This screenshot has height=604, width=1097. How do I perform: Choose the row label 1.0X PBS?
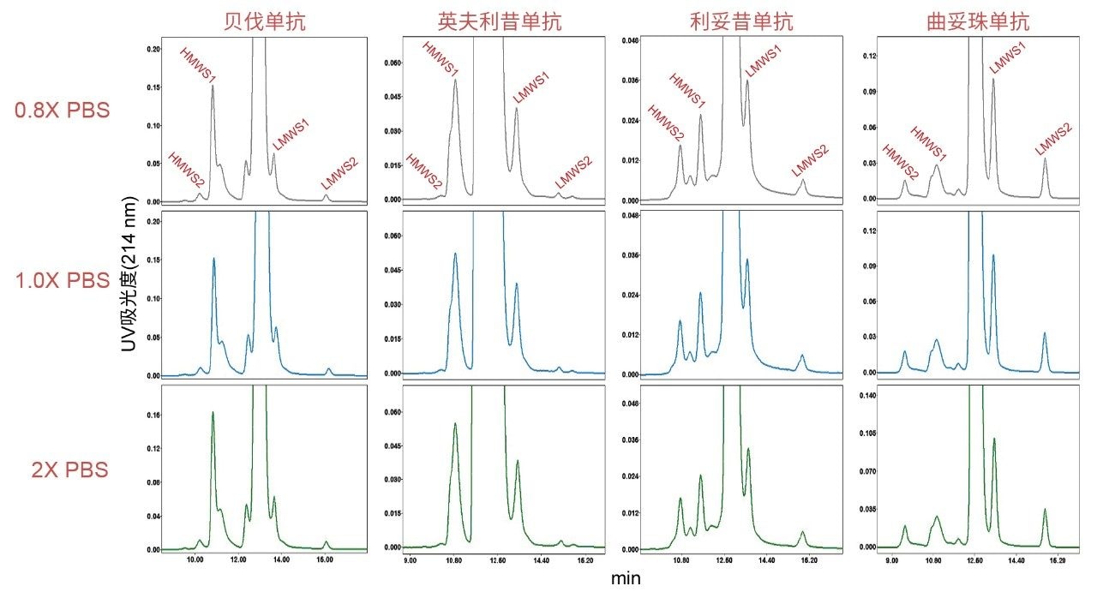click(x=63, y=280)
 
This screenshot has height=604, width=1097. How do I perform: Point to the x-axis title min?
click(x=626, y=579)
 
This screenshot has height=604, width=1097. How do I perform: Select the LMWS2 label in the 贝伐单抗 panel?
click(x=339, y=174)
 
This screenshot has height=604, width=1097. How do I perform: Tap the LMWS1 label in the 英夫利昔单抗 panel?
click(x=531, y=88)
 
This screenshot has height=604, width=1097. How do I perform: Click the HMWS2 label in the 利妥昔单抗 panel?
click(x=666, y=123)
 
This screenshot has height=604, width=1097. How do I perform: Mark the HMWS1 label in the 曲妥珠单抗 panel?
click(x=928, y=143)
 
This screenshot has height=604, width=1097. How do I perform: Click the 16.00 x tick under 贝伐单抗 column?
click(x=324, y=560)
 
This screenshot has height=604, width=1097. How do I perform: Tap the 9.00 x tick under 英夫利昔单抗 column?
click(x=411, y=560)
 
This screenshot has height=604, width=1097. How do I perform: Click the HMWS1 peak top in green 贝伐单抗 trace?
click(x=213, y=413)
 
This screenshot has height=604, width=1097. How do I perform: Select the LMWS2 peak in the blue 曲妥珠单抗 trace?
click(x=1045, y=333)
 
